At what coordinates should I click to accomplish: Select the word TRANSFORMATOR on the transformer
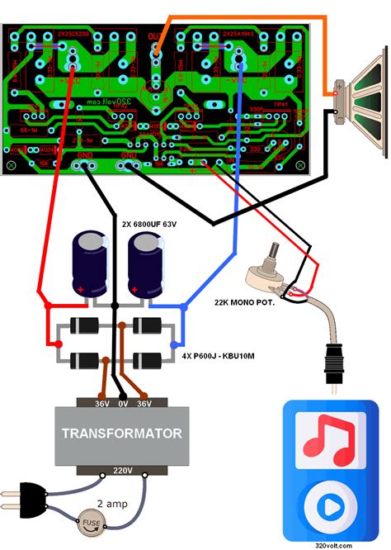(122, 433)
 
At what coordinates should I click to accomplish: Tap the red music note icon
(328, 438)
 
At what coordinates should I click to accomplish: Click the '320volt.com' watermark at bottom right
(334, 544)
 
